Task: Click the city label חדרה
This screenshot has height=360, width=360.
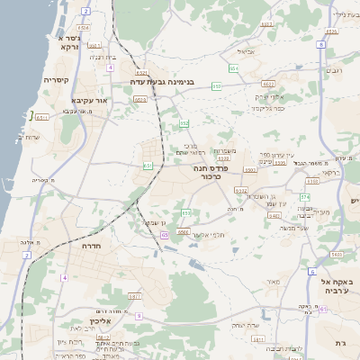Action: (91, 245)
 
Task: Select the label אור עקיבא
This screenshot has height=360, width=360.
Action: (92, 100)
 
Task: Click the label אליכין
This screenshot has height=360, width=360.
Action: (99, 320)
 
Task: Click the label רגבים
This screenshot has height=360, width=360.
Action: (333, 69)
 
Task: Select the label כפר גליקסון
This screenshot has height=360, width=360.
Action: (269, 107)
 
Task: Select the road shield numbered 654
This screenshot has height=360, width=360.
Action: (234, 67)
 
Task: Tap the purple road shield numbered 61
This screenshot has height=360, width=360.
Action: (323, 310)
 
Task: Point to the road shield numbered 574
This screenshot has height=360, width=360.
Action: (305, 196)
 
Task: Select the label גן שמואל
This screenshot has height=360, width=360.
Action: (156, 220)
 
